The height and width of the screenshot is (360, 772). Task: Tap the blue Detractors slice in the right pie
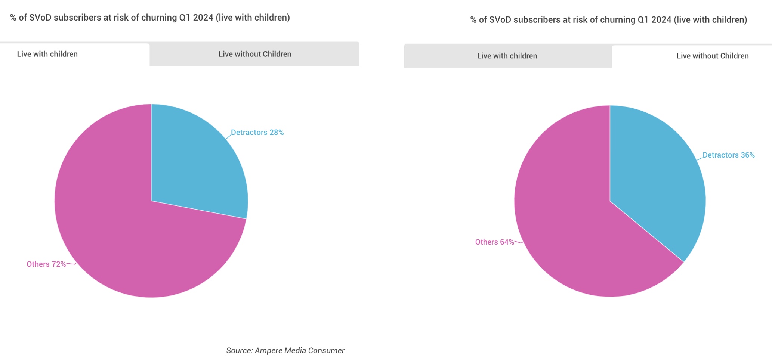(x=658, y=187)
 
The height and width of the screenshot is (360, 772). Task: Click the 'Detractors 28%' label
(x=257, y=133)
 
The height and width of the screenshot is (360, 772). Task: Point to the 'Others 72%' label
(x=46, y=264)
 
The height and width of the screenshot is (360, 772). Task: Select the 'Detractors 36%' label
(x=728, y=155)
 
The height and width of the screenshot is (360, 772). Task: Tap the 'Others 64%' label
(x=494, y=242)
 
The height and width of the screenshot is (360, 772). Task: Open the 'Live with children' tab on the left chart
(x=47, y=54)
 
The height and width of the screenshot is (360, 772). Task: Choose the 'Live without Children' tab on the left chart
(x=255, y=54)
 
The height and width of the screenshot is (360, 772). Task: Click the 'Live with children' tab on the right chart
(x=507, y=56)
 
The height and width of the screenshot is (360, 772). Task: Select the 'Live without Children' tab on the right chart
(x=712, y=56)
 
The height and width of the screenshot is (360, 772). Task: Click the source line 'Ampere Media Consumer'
(x=299, y=351)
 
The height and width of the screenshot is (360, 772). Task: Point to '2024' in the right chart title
(x=661, y=20)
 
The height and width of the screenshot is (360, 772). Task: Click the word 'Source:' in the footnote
(x=239, y=351)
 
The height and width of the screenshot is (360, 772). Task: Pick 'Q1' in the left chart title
(x=185, y=18)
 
